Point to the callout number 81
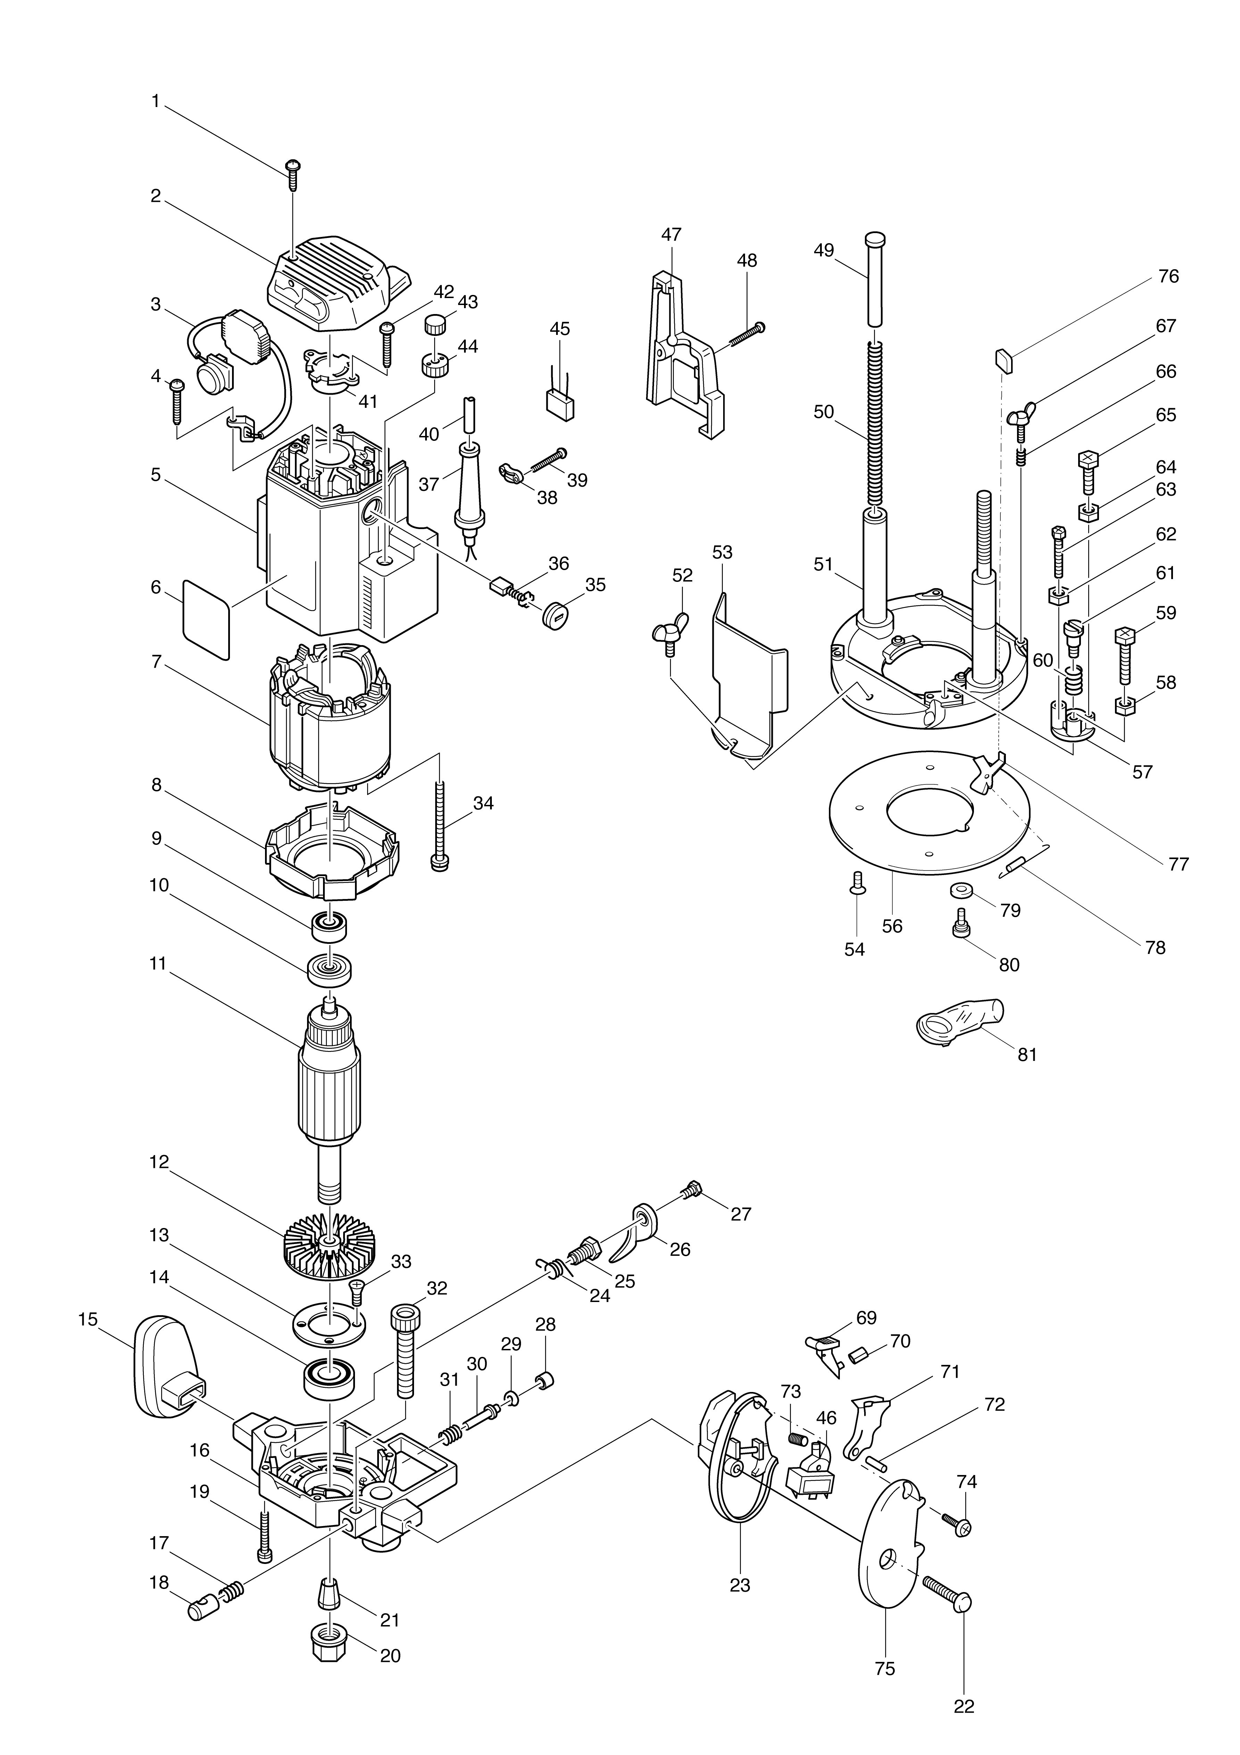tap(1027, 1054)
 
